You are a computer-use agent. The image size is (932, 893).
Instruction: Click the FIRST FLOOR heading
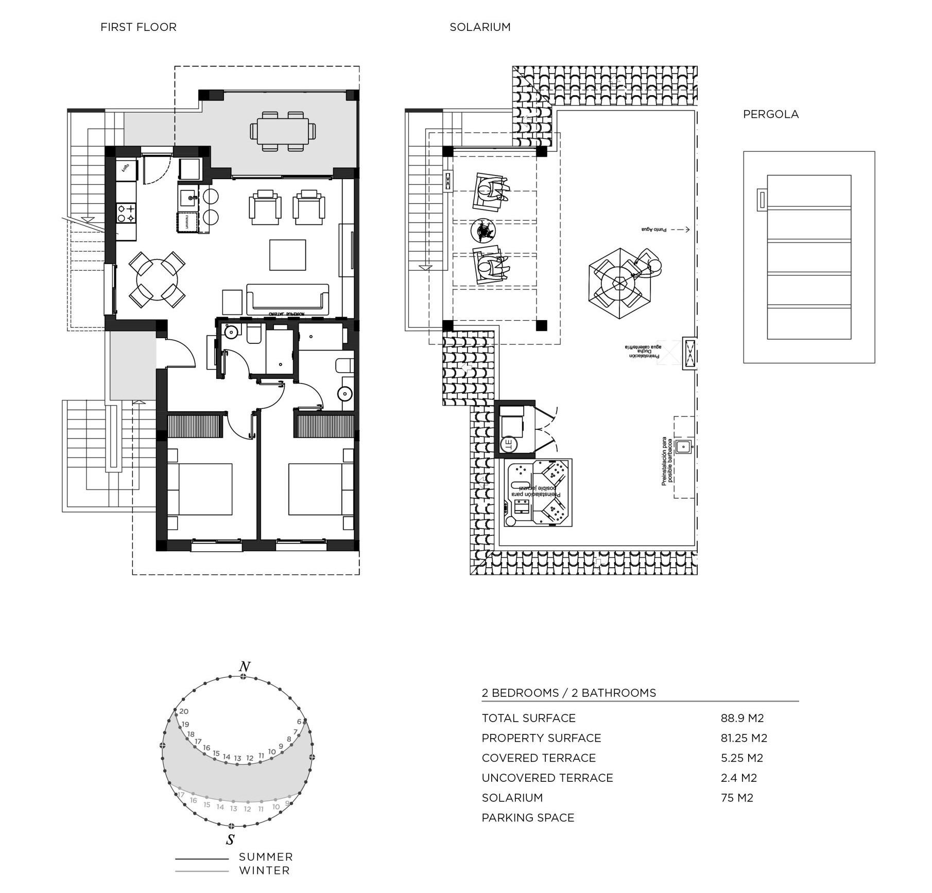click(138, 27)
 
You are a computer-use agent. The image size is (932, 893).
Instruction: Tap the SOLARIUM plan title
click(480, 27)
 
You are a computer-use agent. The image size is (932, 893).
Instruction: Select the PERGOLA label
click(770, 115)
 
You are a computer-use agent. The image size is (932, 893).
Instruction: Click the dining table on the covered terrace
click(283, 131)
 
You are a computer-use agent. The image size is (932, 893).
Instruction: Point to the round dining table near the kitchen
click(157, 280)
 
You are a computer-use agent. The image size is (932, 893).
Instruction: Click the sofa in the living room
click(287, 300)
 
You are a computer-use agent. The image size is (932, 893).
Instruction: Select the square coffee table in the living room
click(287, 255)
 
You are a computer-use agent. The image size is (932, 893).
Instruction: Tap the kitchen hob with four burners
click(126, 214)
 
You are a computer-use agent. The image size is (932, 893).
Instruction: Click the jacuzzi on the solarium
click(538, 493)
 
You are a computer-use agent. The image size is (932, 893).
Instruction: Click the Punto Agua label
click(653, 230)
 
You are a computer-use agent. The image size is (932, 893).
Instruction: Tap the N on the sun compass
click(245, 667)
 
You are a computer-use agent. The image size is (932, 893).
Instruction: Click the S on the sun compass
click(230, 839)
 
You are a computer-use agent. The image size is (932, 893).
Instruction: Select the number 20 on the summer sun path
click(184, 711)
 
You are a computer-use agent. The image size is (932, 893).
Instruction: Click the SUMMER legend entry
click(266, 857)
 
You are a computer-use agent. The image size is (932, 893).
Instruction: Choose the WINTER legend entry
click(264, 870)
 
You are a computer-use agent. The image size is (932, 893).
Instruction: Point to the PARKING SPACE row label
click(528, 818)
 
